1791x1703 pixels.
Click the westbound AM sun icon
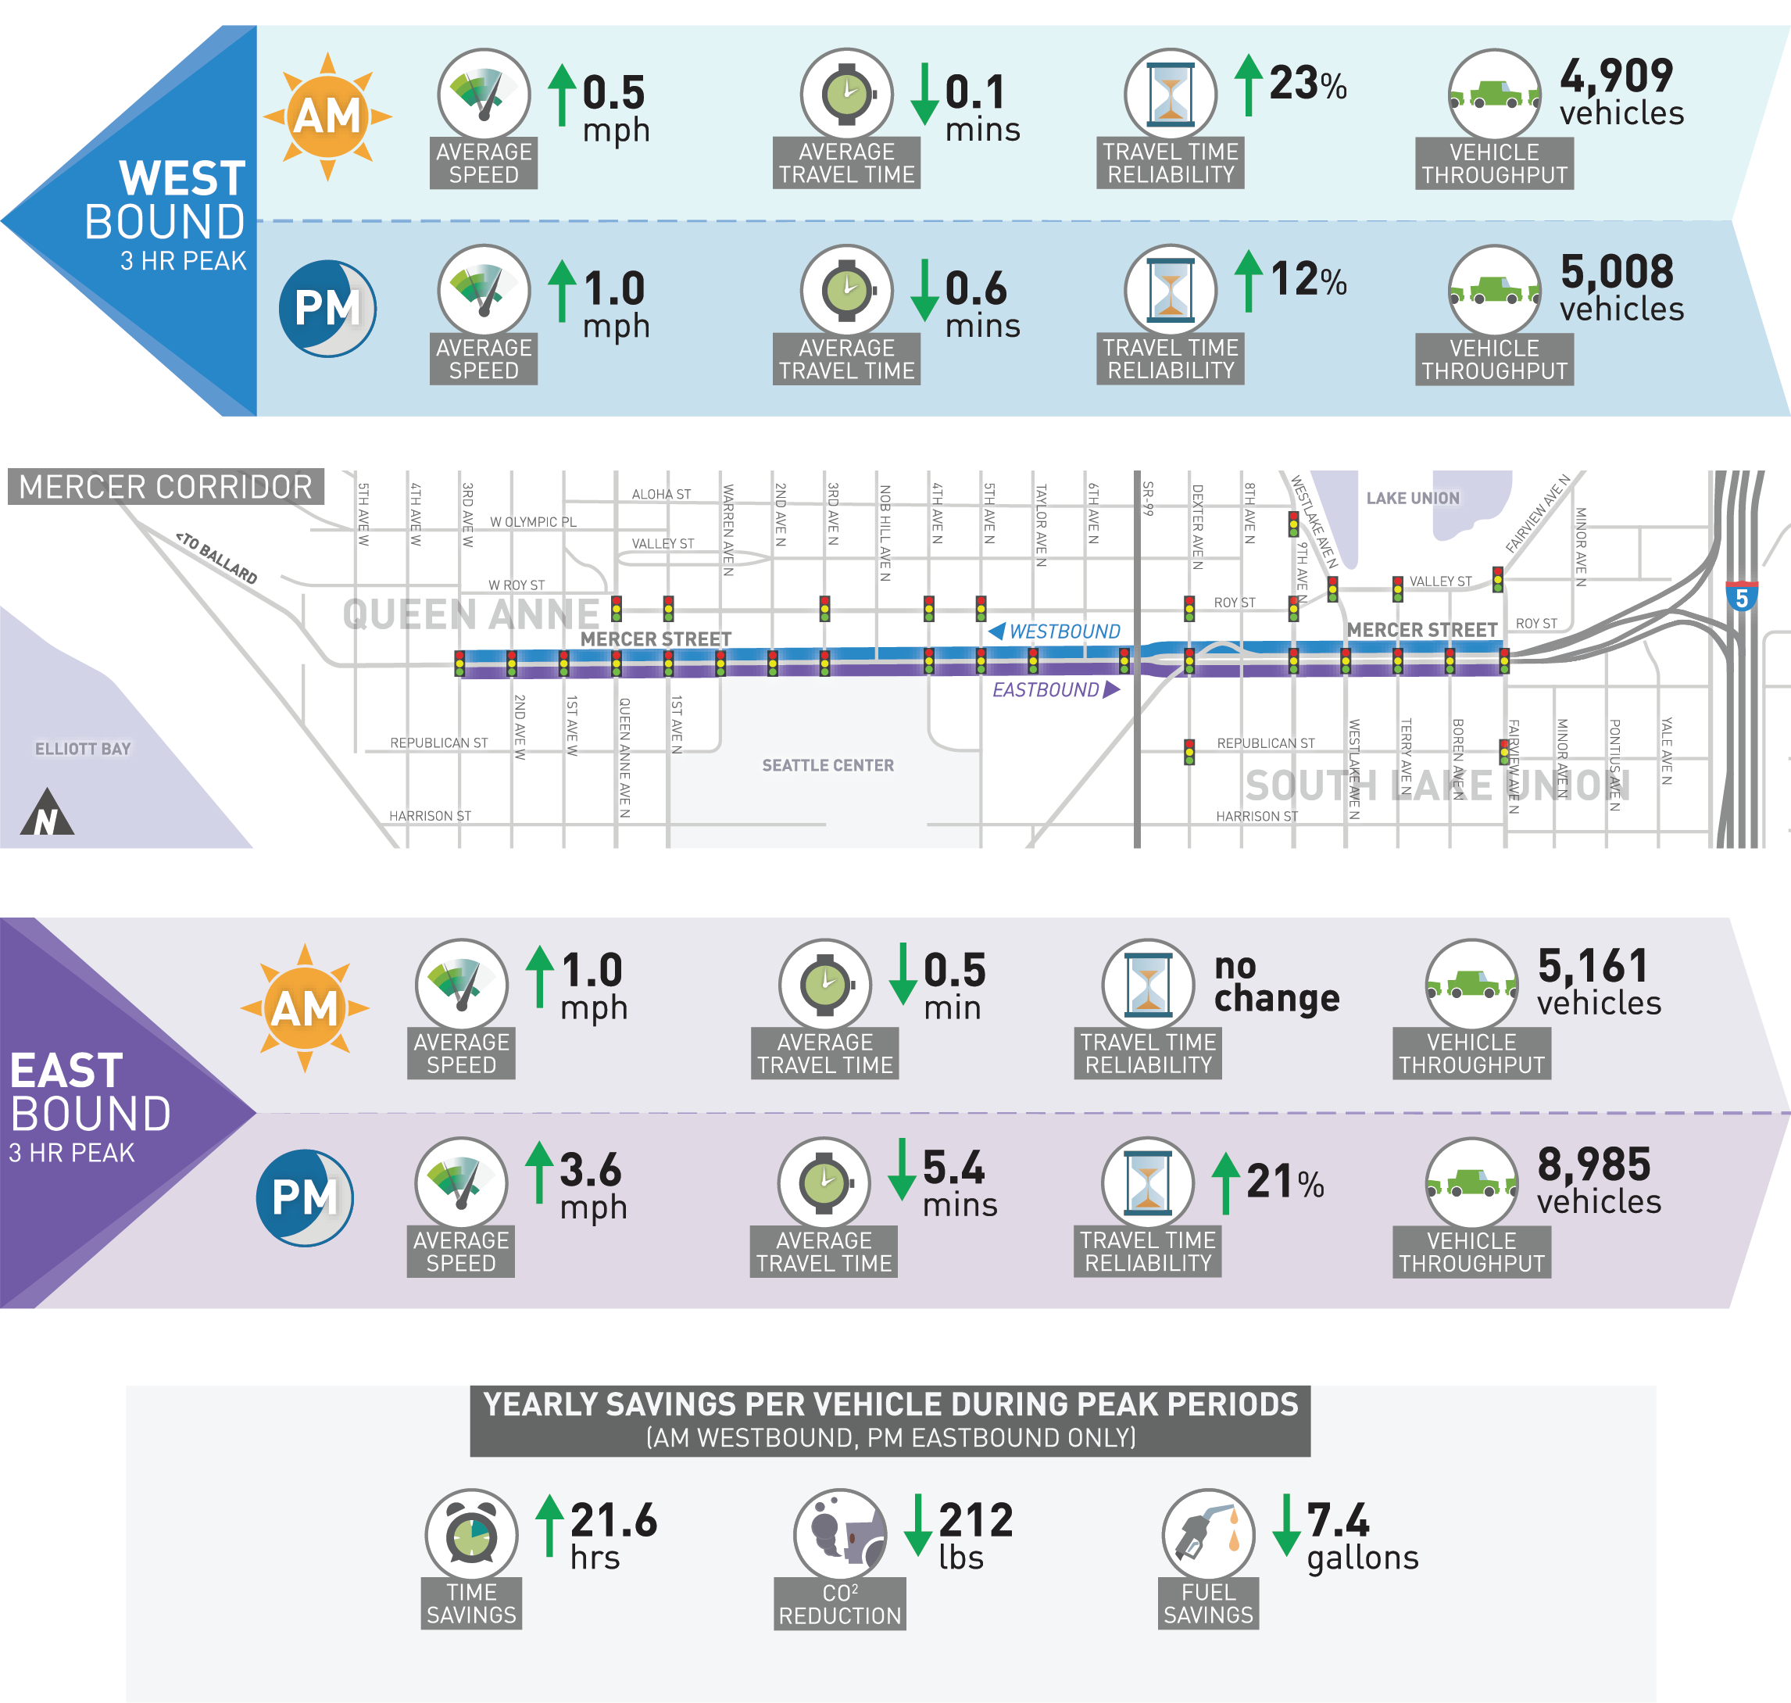pos(327,116)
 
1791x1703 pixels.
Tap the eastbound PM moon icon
pos(305,1197)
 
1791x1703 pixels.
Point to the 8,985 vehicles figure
pos(1598,1181)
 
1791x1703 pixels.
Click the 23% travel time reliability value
pos(1307,84)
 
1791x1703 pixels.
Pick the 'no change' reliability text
pos(1276,983)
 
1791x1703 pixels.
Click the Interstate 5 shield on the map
pos(1741,596)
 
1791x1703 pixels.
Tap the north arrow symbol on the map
pos(46,814)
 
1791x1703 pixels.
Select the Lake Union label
pos(1413,499)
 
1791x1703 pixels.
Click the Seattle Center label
pos(828,765)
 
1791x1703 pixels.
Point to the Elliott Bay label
pos(83,749)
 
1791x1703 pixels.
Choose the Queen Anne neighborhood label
pos(470,614)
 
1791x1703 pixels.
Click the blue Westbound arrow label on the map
pos(1055,631)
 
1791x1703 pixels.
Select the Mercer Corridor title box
pos(165,488)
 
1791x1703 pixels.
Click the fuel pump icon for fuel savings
pos(1207,1535)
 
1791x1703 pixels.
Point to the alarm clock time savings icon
pos(471,1535)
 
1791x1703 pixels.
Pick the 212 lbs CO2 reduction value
pos(974,1537)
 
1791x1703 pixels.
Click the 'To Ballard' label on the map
pos(217,557)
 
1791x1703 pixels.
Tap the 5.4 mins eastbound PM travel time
pos(959,1184)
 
